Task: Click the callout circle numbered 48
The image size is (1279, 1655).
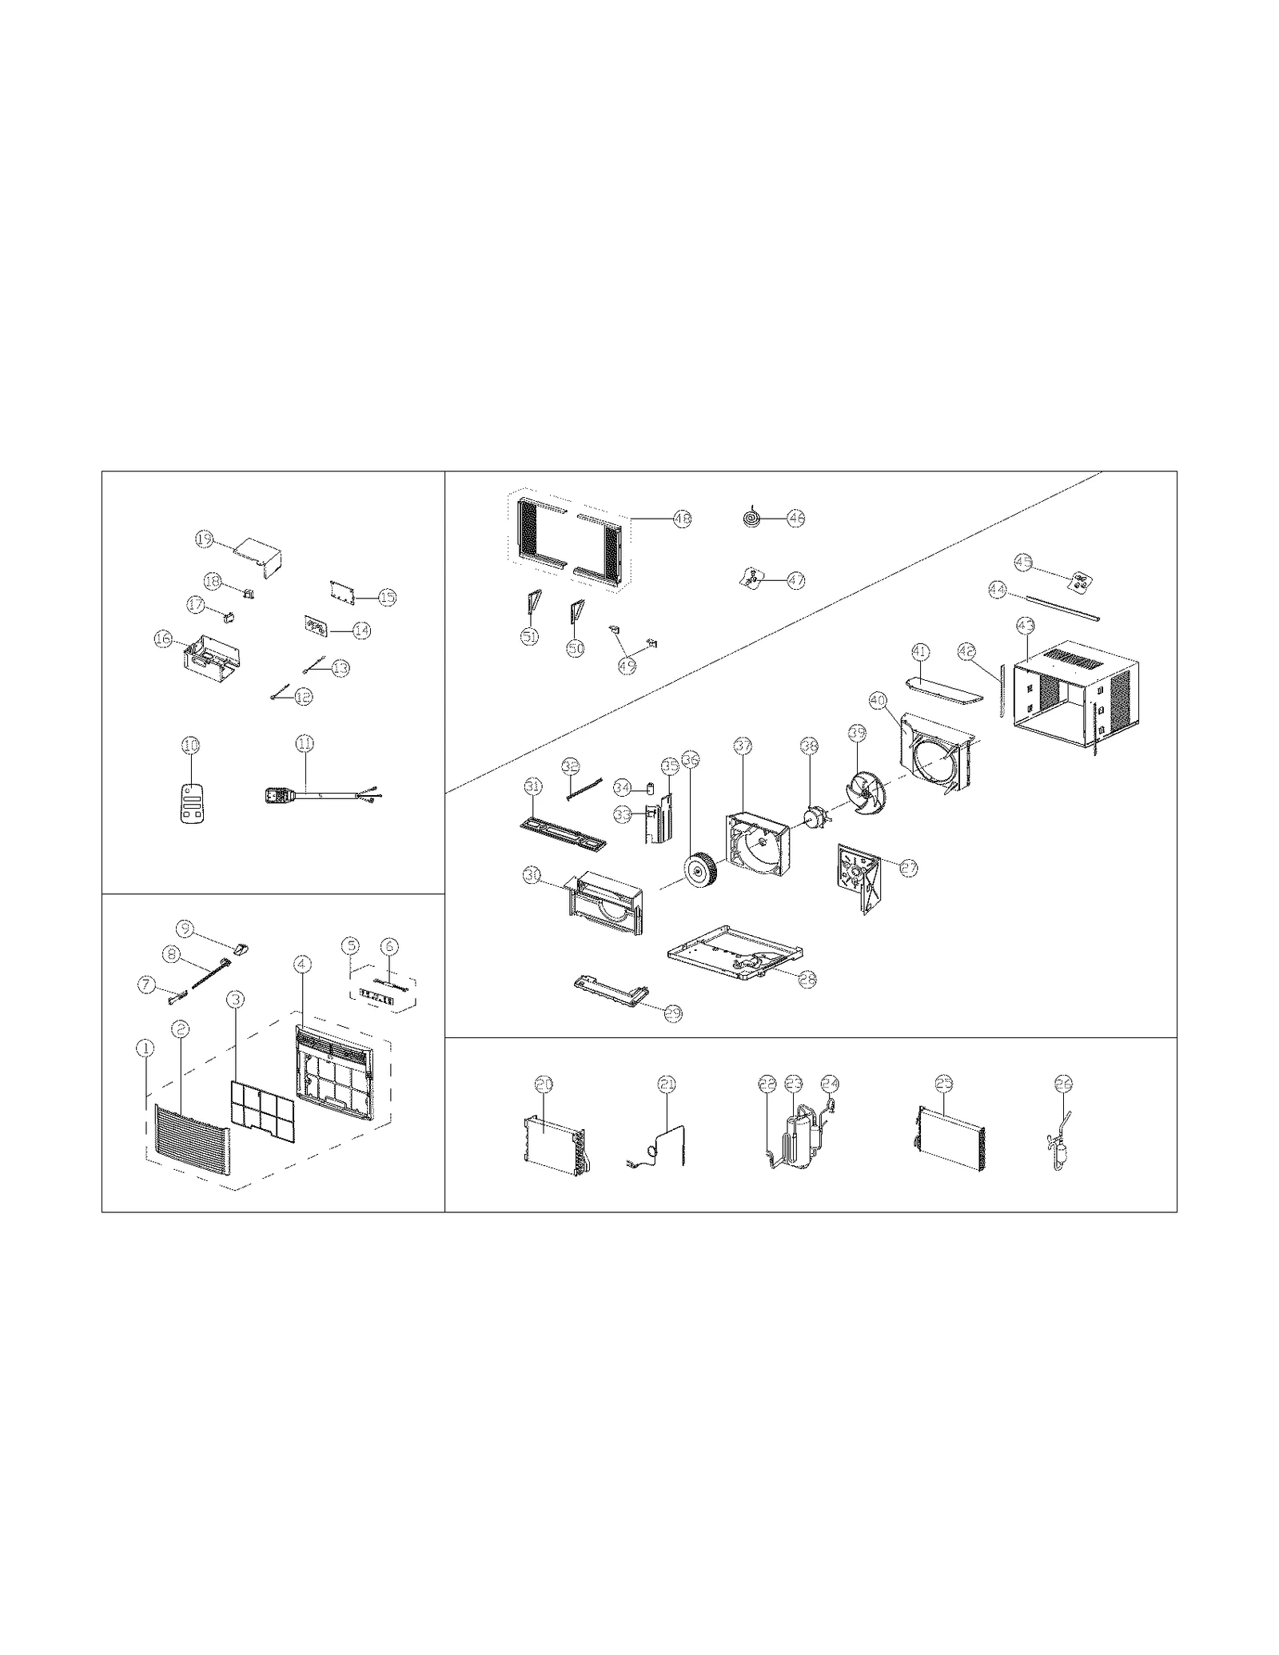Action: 682,519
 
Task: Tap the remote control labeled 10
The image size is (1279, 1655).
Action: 190,802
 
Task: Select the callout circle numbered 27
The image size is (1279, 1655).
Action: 909,868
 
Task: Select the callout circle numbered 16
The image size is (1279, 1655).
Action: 163,639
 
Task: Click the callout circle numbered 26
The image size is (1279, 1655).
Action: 1063,1084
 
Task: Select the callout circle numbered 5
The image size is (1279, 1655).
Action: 349,945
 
